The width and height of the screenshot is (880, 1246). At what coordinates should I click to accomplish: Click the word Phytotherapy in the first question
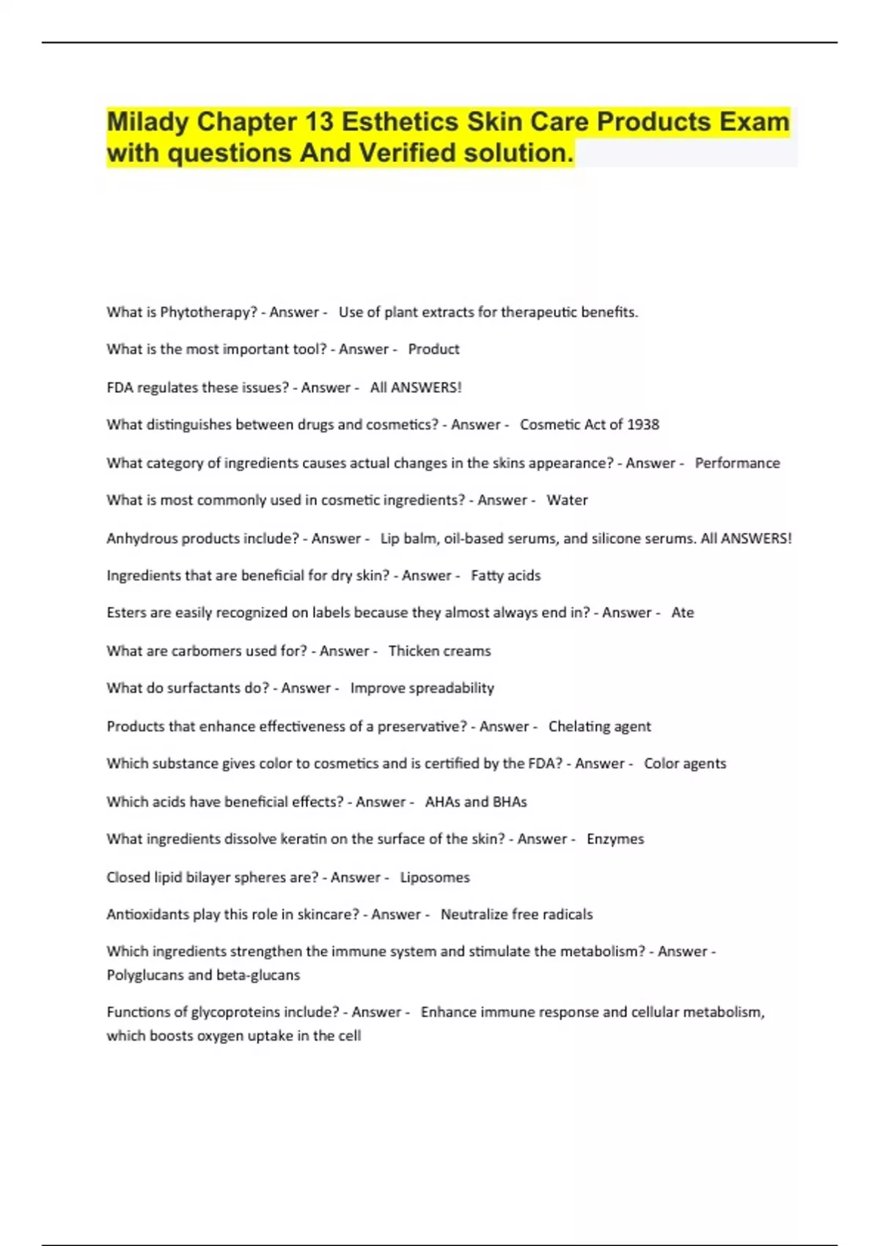208,312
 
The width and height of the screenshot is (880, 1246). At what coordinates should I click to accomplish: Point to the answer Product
433,350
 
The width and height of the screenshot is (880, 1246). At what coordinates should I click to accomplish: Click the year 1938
642,424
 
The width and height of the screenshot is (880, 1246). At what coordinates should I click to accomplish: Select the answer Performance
737,463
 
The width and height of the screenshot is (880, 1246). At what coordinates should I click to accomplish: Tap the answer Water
567,500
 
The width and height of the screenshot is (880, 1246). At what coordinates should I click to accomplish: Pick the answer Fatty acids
505,575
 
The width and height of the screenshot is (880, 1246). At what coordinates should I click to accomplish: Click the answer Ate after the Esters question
682,613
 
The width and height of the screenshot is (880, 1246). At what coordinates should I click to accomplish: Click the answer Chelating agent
599,726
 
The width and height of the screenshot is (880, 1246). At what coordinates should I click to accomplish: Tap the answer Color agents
685,764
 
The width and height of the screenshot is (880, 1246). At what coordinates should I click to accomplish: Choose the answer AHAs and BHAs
476,802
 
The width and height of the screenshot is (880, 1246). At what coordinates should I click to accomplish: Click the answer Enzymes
615,839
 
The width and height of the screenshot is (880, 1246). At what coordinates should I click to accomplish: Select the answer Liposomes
435,877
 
